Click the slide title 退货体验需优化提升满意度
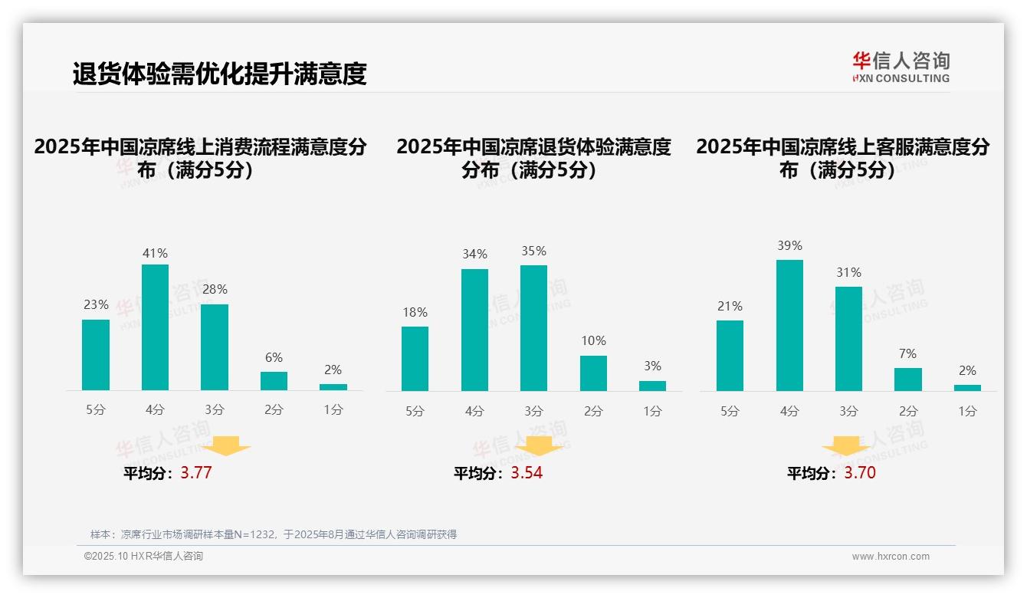pos(219,74)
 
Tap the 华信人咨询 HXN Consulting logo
pos(901,67)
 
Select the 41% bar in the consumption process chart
pos(155,327)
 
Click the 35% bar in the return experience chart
pos(533,328)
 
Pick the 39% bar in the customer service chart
pos(789,325)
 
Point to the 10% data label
pos(593,340)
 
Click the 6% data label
pos(274,357)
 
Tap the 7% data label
pos(908,353)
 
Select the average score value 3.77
pos(196,473)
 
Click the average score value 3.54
pos(527,473)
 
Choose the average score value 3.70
pos(860,473)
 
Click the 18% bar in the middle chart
pos(415,359)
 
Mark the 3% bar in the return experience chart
pos(652,386)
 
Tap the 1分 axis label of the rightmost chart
pos(967,411)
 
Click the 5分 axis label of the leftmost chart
pos(96,410)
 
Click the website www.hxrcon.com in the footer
pos(890,557)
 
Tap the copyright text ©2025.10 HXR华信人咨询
pos(143,557)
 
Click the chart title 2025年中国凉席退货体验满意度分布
pos(533,158)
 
